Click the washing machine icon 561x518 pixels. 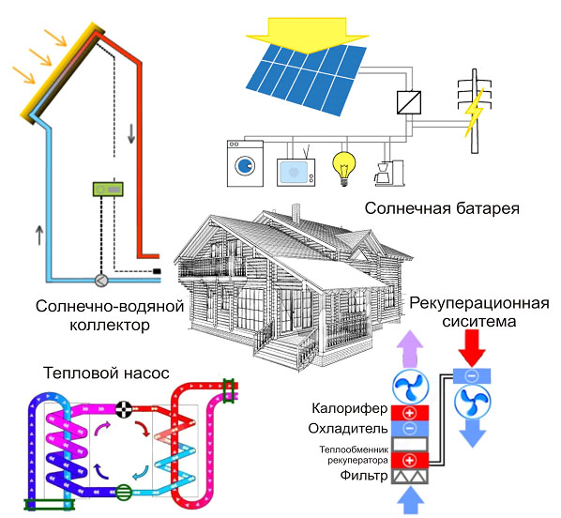[246, 163]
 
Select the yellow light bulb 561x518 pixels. [344, 169]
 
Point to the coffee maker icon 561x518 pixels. [389, 173]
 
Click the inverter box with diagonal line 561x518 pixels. [409, 102]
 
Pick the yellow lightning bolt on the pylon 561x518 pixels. [474, 112]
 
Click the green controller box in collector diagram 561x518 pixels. [108, 189]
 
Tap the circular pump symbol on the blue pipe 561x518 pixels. [101, 281]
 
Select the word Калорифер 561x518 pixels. [350, 408]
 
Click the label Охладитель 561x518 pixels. [348, 429]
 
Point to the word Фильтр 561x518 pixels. [363, 476]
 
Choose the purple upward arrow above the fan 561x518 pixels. [410, 349]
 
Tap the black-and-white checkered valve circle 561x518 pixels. [124, 409]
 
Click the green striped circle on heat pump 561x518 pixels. [124, 493]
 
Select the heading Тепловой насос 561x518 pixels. [106, 373]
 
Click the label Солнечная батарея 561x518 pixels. [442, 208]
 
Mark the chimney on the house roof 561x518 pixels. [296, 213]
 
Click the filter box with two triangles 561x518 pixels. [410, 477]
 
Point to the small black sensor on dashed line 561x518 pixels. [157, 271]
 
